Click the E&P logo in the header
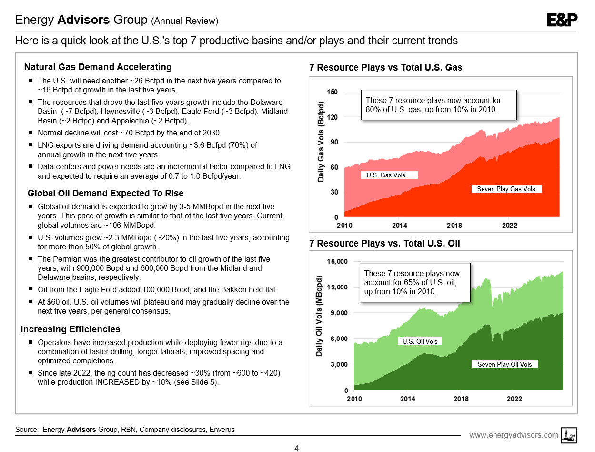point(562,20)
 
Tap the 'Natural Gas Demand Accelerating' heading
point(98,67)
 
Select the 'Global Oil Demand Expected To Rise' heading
point(106,193)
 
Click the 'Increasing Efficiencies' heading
point(71,329)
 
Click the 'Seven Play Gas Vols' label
point(506,189)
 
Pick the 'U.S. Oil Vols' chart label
point(420,341)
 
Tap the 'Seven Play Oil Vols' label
point(504,364)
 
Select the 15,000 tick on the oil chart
point(337,261)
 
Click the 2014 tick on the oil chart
point(407,399)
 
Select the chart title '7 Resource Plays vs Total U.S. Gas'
point(385,67)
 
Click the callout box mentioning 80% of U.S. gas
point(438,105)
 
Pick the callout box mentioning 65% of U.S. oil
point(414,282)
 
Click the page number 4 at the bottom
point(297,448)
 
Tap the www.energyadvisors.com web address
point(514,435)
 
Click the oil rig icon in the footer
point(568,434)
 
